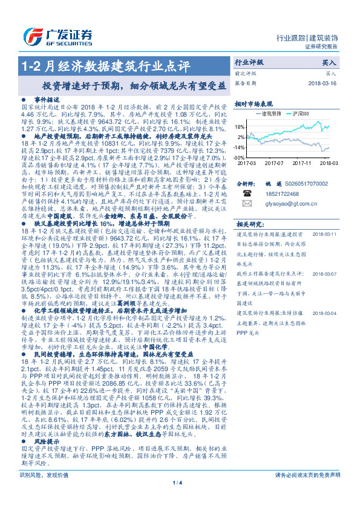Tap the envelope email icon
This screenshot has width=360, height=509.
click(x=247, y=204)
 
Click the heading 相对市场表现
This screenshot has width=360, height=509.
click(x=254, y=103)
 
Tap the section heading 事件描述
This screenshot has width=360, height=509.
click(x=45, y=99)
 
